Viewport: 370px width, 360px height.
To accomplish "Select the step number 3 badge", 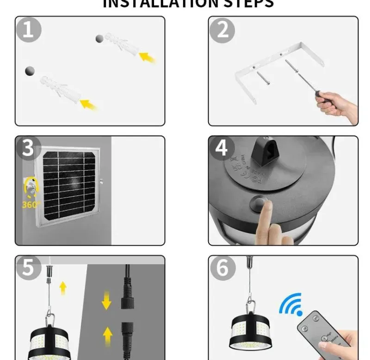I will pyautogui.click(x=28, y=149).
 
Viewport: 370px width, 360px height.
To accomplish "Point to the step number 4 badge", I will pyautogui.click(x=222, y=149).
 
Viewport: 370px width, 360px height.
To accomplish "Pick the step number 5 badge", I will pyautogui.click(x=28, y=268).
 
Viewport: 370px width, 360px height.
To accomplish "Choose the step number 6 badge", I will pyautogui.click(x=222, y=268).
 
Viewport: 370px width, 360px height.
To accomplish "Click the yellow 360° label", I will pyautogui.click(x=31, y=204).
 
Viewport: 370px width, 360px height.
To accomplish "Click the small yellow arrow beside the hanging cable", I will pyautogui.click(x=63, y=288).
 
